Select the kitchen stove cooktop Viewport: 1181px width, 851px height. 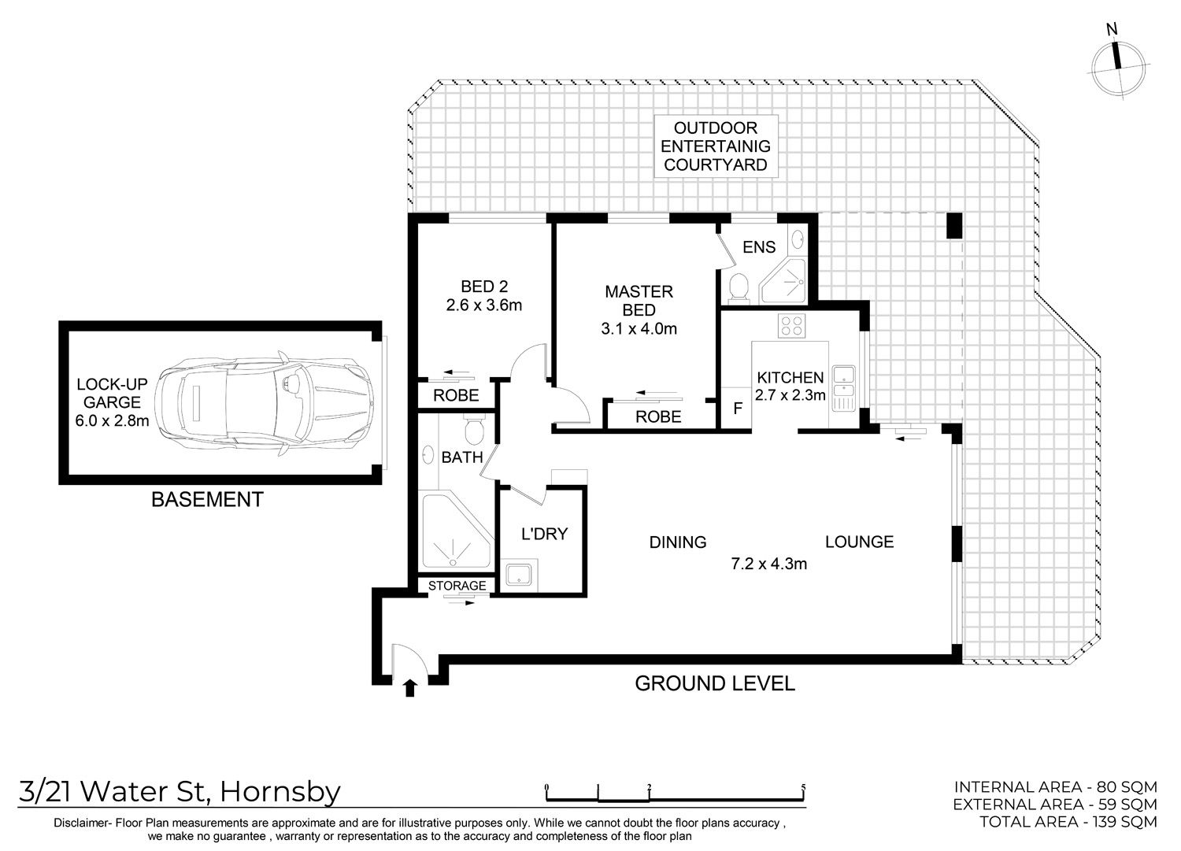791,325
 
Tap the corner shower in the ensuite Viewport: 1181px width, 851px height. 783,282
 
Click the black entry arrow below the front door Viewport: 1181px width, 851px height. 410,689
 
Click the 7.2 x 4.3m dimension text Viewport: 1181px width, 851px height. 768,564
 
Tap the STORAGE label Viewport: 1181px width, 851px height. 457,585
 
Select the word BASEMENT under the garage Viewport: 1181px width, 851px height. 207,499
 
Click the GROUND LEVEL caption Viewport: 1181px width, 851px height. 714,683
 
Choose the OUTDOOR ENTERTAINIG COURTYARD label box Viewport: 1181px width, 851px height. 716,146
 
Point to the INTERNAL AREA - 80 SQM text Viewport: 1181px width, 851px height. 1056,787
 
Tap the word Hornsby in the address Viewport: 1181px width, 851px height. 280,792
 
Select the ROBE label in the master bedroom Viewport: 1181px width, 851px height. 658,416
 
